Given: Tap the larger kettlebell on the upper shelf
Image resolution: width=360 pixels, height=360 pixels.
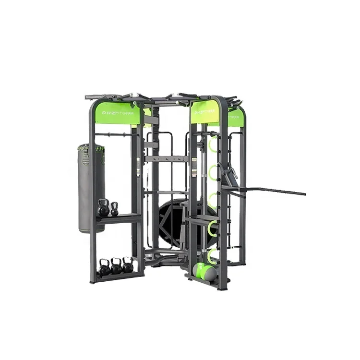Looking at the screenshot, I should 103,208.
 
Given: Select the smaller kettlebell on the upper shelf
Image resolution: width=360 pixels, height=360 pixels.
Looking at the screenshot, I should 114,209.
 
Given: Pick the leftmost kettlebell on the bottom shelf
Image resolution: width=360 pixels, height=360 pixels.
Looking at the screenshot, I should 104,267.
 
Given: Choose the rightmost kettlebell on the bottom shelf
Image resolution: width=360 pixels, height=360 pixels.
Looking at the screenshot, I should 128,265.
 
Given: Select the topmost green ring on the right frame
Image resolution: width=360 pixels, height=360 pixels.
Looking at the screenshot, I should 213,143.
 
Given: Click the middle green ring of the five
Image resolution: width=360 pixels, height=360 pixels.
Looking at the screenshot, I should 212,200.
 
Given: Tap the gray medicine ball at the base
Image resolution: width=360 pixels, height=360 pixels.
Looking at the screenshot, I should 210,274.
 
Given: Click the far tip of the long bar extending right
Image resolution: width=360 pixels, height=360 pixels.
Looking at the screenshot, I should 303,194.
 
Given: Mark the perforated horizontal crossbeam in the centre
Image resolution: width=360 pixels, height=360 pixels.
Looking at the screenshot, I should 166,159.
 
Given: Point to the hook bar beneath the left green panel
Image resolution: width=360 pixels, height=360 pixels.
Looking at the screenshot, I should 115,135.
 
